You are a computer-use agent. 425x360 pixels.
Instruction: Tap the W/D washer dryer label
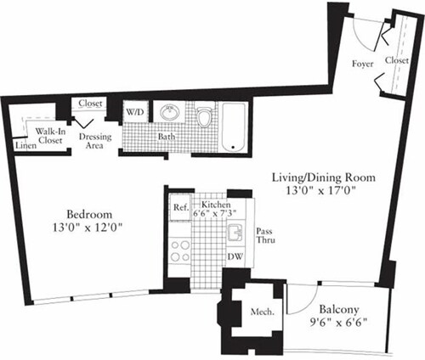pos(134,111)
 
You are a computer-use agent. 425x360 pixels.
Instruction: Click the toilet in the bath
pos(203,117)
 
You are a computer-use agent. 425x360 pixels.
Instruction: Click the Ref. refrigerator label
pos(180,206)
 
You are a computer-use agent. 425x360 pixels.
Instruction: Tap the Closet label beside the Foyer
pos(396,61)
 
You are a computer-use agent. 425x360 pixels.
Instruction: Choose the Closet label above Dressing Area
pos(90,104)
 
